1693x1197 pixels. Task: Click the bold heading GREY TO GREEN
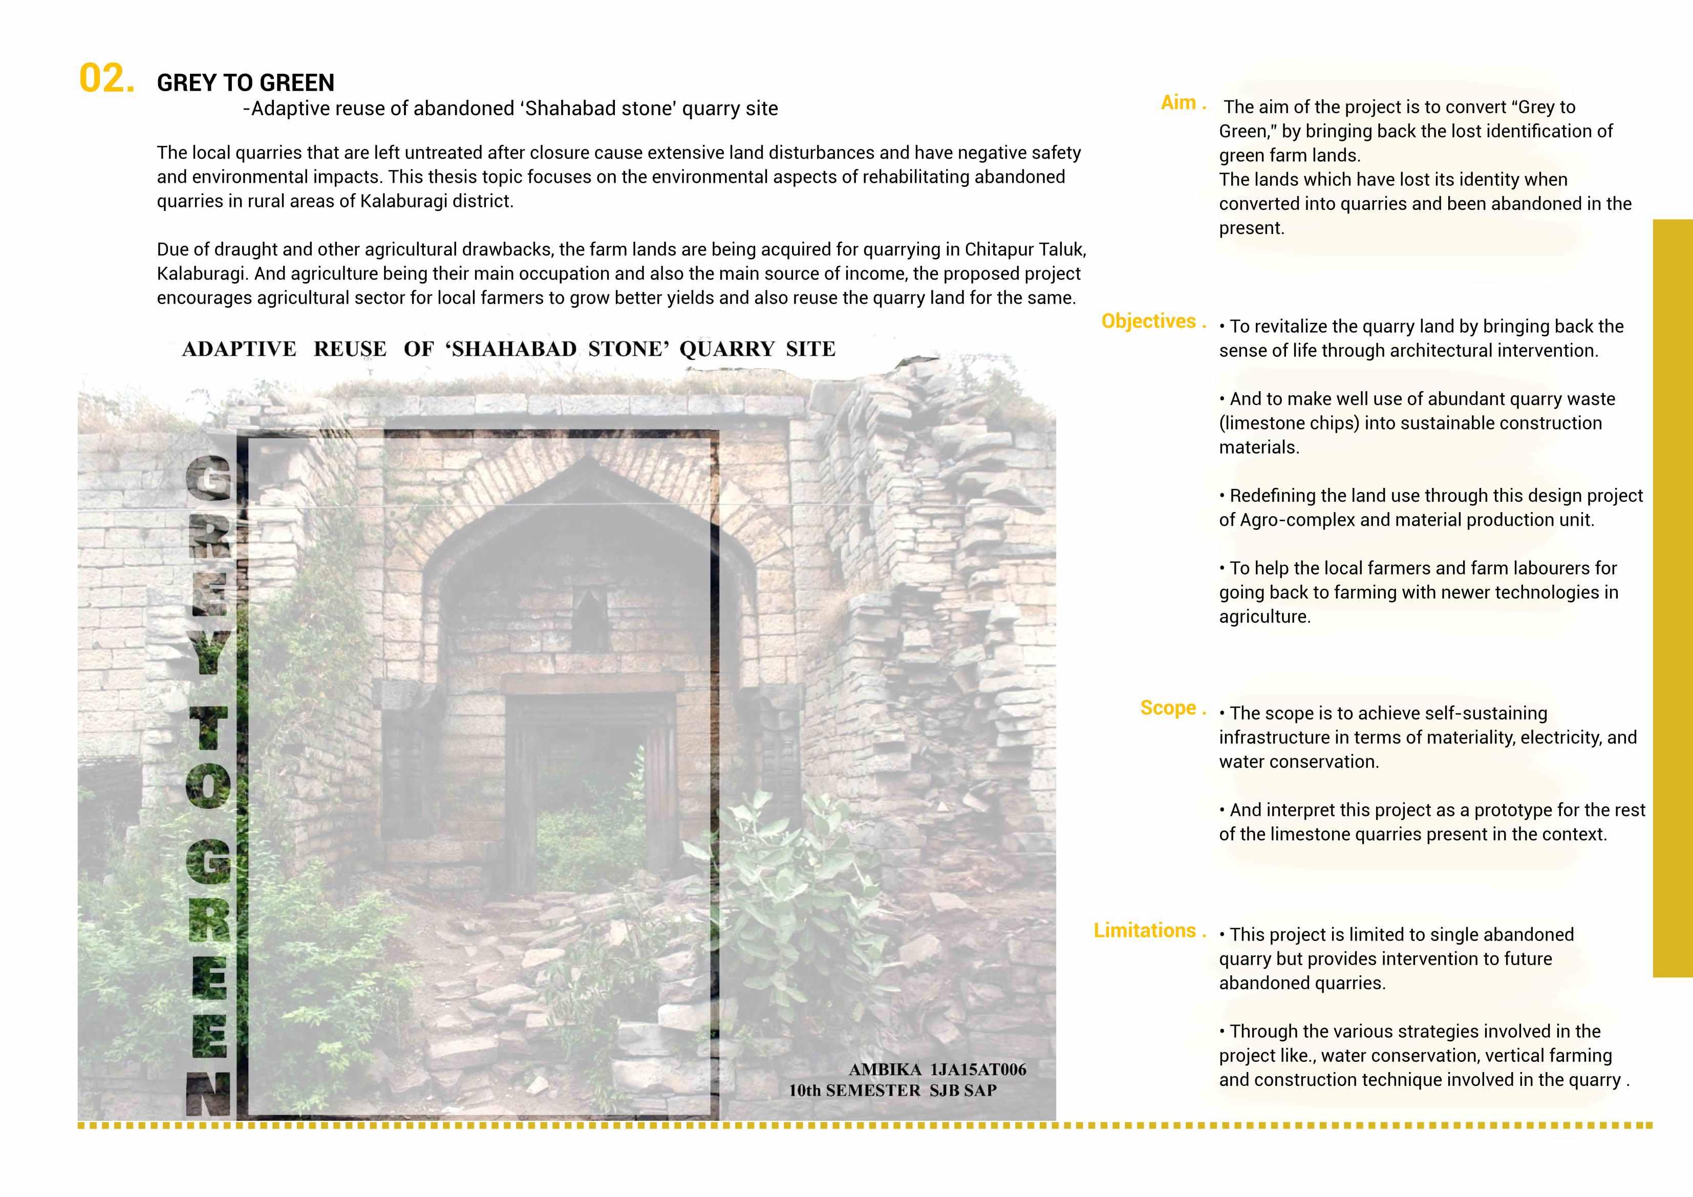click(x=246, y=82)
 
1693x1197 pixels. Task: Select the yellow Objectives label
click(x=1148, y=321)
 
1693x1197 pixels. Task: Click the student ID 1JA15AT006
click(x=978, y=1070)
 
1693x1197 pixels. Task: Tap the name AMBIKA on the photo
click(x=885, y=1070)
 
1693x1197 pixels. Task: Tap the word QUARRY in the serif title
click(x=727, y=349)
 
